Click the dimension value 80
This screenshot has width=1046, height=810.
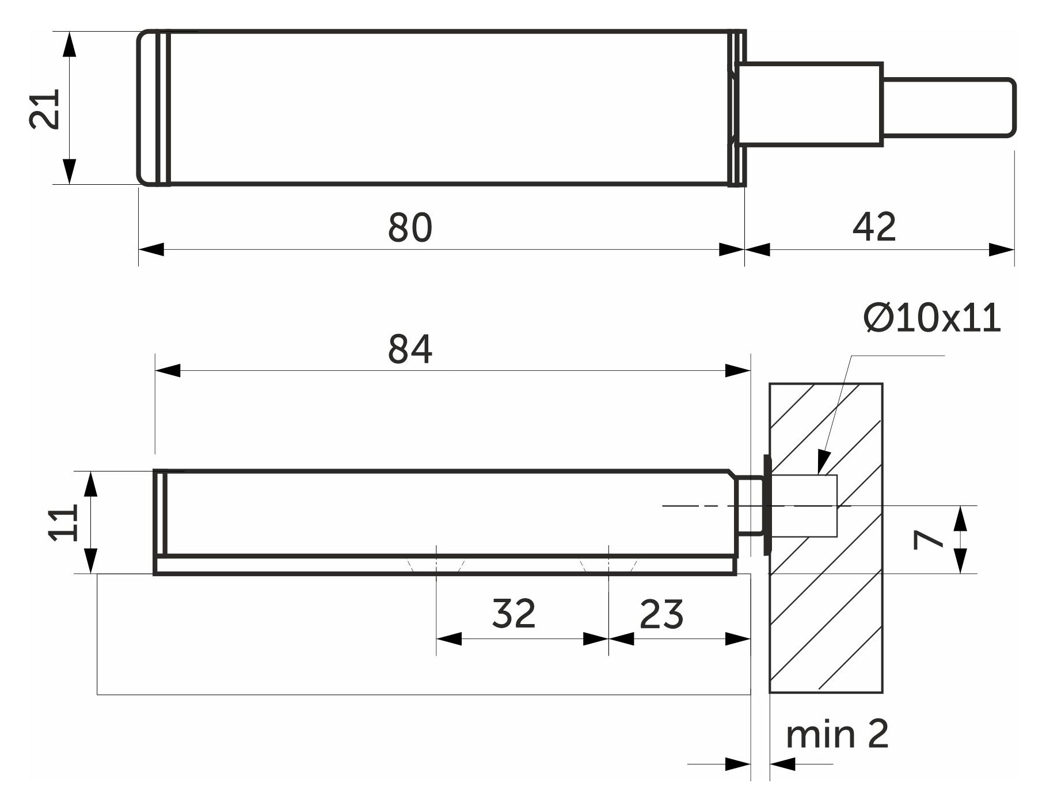(409, 228)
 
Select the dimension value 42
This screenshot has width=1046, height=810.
(874, 227)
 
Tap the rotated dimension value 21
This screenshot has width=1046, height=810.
(45, 109)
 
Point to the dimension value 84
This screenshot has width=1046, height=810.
(410, 349)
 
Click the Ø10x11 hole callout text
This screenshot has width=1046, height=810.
(932, 318)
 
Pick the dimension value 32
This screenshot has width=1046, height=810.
(514, 614)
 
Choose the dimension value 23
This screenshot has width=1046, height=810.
(661, 614)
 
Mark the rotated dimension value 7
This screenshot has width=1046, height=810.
(927, 539)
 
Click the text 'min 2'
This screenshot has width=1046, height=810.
(837, 735)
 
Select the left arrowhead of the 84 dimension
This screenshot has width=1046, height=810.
(168, 371)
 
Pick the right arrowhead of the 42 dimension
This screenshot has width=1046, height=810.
(1001, 250)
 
